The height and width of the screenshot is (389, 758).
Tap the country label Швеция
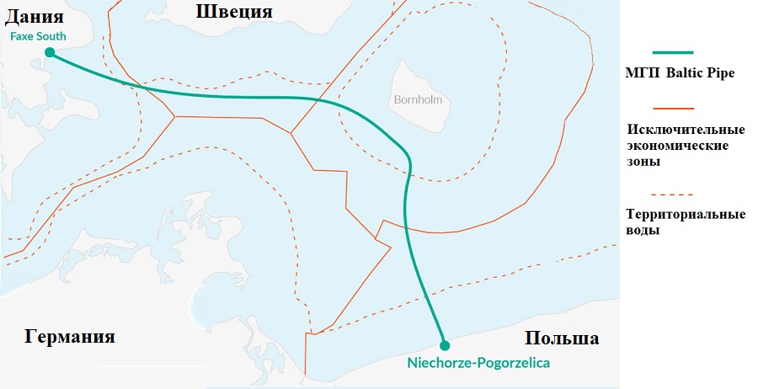pyautogui.click(x=234, y=11)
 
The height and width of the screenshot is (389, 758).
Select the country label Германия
pyautogui.click(x=69, y=337)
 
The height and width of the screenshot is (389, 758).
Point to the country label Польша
pyautogui.click(x=562, y=338)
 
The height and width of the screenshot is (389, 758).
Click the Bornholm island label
pyautogui.click(x=418, y=99)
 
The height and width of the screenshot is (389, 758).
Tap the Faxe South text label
pyautogui.click(x=38, y=37)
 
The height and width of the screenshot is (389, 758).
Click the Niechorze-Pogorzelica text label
pyautogui.click(x=479, y=364)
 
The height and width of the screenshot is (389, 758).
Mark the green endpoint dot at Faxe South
pyautogui.click(x=50, y=52)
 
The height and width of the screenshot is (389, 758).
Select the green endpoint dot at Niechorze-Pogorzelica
pyautogui.click(x=445, y=344)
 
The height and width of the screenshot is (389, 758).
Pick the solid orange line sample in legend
pyautogui.click(x=672, y=108)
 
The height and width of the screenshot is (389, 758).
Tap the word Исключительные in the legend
pyautogui.click(x=686, y=131)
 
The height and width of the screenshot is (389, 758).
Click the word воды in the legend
pyautogui.click(x=643, y=230)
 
